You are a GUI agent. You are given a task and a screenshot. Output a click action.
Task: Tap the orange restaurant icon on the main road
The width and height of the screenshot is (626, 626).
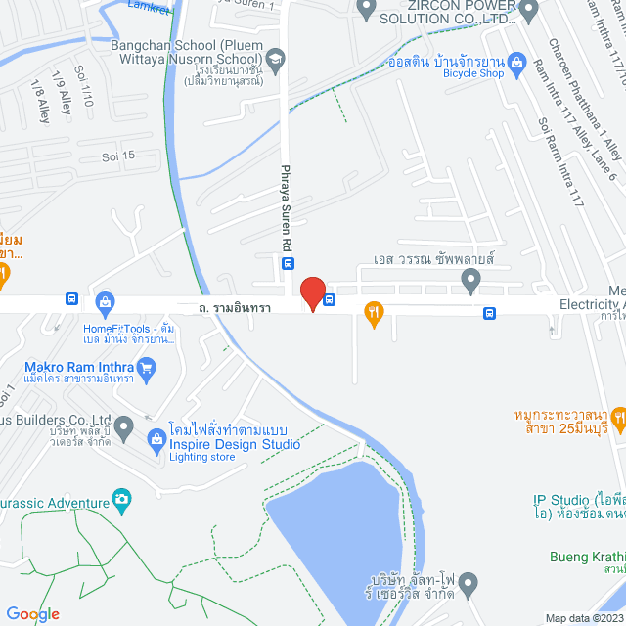[x=373, y=313]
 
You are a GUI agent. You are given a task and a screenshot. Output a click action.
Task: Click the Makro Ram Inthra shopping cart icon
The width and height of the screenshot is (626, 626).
[x=148, y=368]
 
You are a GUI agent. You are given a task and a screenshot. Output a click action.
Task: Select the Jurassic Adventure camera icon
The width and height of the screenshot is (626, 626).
[x=122, y=500]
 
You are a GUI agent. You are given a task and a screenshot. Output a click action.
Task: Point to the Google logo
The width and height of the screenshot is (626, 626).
[x=32, y=613]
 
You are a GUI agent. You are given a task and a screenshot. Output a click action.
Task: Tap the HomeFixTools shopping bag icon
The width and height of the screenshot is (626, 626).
[x=106, y=301]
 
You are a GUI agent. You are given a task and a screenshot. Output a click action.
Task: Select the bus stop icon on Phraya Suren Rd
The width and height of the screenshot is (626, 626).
[x=289, y=262]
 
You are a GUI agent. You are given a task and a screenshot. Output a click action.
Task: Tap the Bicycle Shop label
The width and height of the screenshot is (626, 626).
[x=473, y=72]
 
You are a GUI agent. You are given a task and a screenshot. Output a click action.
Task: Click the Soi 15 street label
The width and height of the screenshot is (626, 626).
[x=118, y=156]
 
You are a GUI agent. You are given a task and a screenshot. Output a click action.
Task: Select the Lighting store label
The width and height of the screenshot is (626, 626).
[x=202, y=457]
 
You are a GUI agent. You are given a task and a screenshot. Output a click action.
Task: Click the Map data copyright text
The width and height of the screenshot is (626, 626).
[x=584, y=617]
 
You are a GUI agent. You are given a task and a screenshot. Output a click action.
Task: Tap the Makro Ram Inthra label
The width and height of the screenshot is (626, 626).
[x=80, y=369]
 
